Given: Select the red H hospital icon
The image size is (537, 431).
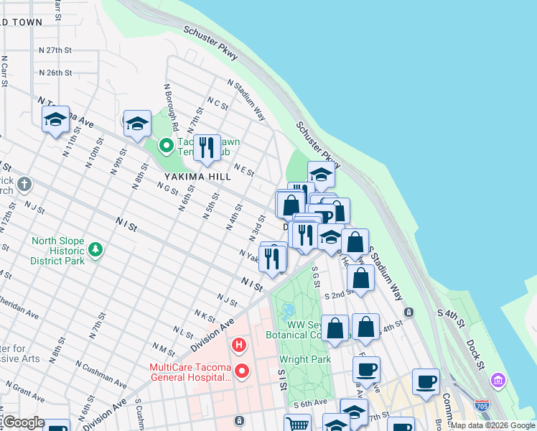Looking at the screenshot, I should tap(238, 346).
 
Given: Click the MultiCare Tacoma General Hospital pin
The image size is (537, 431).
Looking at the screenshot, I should tap(242, 371).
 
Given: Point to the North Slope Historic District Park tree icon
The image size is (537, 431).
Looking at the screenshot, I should tap(95, 249).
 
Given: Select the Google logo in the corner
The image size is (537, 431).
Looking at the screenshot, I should tap(24, 422).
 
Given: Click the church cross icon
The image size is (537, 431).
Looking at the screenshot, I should tap(24, 185).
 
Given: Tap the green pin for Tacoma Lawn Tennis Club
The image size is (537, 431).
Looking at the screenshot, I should tap(166, 146).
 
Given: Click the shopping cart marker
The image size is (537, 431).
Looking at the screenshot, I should tap(296, 424).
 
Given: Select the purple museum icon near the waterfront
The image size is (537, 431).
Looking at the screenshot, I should tap(497, 379).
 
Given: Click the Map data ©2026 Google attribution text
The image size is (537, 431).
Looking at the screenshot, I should tap(492, 425).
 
